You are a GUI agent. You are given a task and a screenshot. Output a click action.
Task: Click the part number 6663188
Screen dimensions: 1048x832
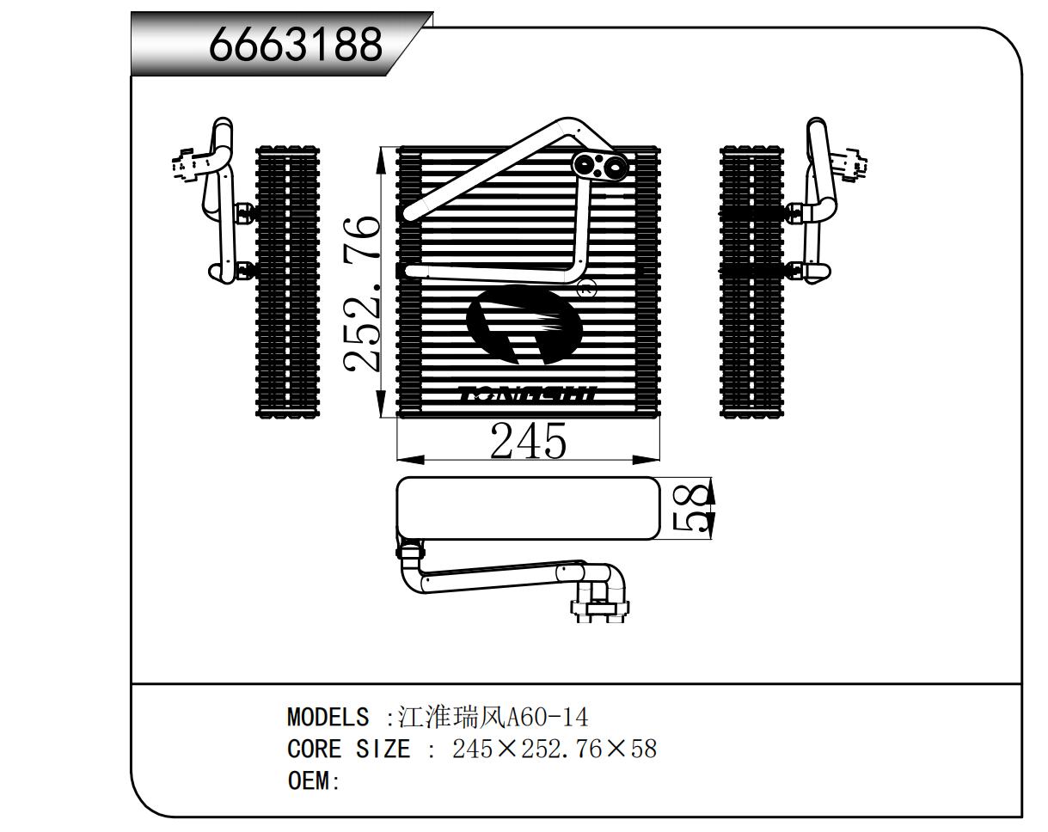(x=296, y=44)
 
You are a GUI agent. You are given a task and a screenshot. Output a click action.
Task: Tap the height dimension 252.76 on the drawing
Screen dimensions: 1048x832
(x=361, y=295)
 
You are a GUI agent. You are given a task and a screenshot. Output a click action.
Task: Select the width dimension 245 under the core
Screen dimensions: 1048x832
(x=529, y=441)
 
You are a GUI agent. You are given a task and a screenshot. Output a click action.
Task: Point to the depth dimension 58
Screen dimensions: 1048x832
(x=689, y=509)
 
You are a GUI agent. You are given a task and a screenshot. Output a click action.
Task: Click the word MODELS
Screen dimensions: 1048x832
(x=328, y=717)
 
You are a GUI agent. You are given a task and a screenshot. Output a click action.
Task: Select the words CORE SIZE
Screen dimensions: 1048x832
(x=349, y=749)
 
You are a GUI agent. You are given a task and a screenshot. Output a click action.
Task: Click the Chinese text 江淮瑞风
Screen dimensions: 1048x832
(x=452, y=717)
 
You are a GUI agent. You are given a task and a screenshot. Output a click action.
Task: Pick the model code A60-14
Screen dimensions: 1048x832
(x=548, y=718)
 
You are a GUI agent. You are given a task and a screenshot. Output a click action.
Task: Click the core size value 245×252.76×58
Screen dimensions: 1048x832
(x=555, y=749)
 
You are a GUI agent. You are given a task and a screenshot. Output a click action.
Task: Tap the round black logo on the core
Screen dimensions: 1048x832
(x=524, y=324)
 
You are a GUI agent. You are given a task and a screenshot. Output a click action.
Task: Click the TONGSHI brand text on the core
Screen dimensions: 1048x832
(x=528, y=393)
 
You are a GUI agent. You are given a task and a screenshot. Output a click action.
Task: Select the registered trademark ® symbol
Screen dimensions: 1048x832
(x=586, y=288)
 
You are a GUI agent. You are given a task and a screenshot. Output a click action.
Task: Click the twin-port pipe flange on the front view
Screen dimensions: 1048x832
(x=600, y=167)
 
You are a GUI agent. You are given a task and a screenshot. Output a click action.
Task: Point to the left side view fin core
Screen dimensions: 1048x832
(x=287, y=281)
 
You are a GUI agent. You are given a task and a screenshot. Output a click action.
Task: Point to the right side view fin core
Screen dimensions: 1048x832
(x=752, y=281)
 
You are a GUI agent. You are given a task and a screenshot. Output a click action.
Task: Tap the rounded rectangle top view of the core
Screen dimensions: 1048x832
(x=529, y=509)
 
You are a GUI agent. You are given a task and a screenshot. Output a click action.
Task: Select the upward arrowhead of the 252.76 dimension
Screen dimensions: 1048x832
(x=383, y=161)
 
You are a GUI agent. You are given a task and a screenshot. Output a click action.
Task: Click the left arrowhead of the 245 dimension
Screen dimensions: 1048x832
(x=411, y=460)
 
